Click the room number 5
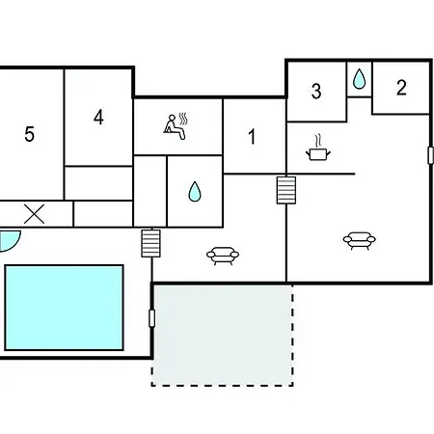(29, 134)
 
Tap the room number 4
(98, 117)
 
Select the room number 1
(252, 137)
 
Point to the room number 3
(316, 91)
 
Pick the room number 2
(401, 88)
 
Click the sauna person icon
(176, 126)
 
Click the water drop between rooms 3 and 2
(359, 79)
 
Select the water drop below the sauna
(195, 192)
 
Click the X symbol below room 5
(34, 214)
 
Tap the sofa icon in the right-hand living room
(359, 240)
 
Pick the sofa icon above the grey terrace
(223, 256)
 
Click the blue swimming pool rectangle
(64, 308)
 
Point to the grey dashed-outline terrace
(222, 335)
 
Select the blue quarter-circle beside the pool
(9, 240)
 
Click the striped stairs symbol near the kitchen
(286, 190)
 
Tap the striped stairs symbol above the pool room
(150, 243)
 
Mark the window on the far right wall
(430, 155)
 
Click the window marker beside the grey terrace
(151, 318)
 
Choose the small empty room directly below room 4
(98, 183)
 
